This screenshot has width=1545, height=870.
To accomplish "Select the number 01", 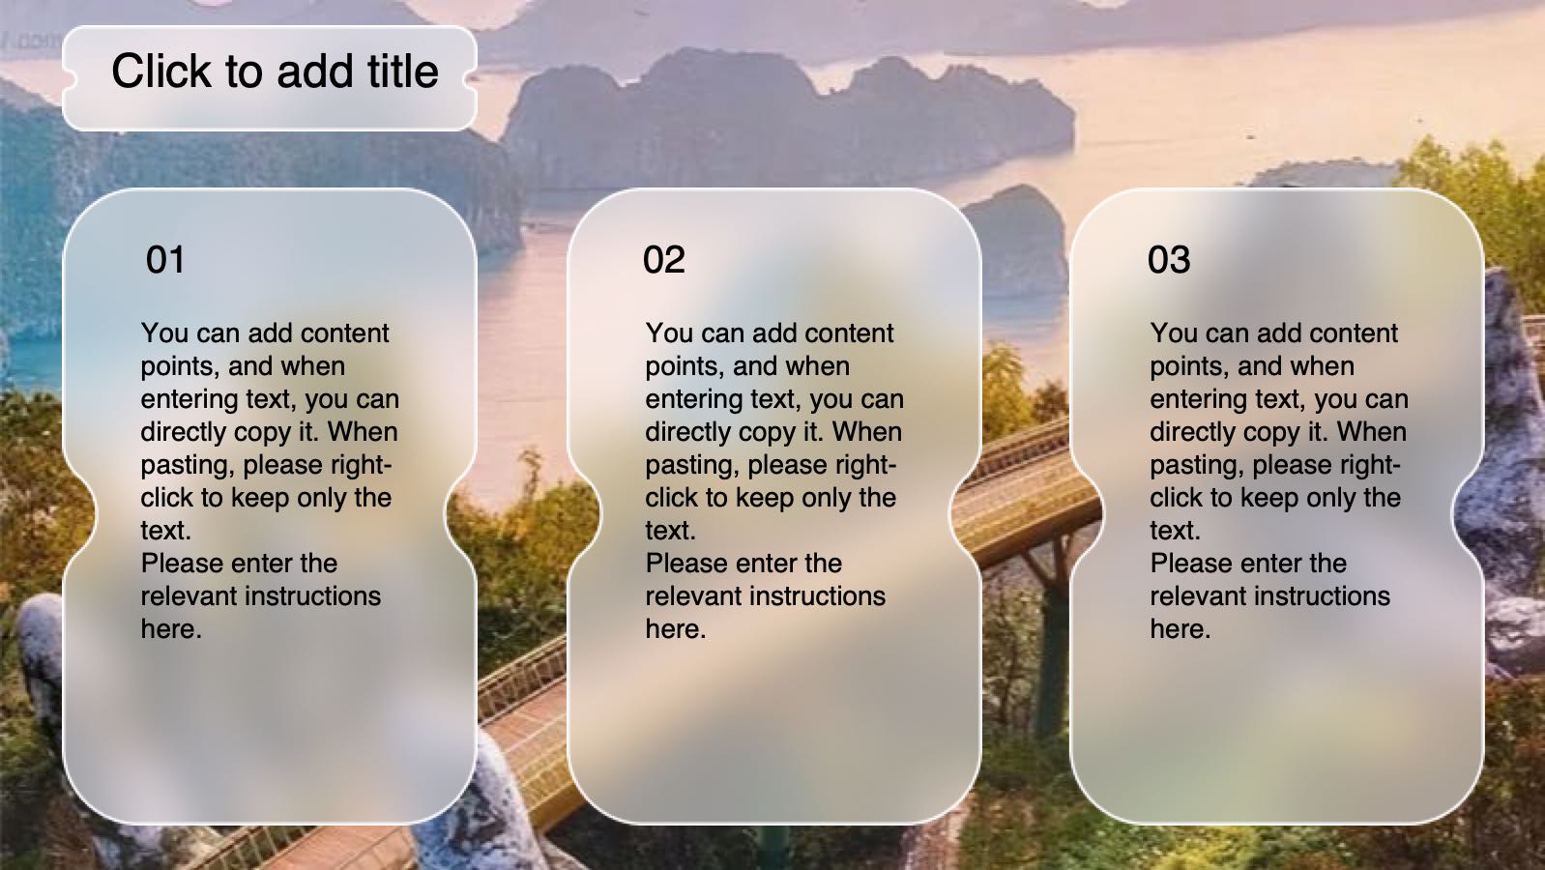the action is [x=165, y=260].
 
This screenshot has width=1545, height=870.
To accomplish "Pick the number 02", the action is [x=664, y=260].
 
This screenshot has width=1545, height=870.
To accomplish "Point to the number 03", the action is [x=1169, y=260].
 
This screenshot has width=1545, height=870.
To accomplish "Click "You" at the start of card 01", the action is [x=165, y=333].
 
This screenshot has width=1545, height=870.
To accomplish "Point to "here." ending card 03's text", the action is [x=1181, y=628].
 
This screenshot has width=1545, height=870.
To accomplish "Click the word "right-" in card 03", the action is [x=1371, y=465].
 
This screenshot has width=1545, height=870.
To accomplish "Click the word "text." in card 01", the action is [x=166, y=530].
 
